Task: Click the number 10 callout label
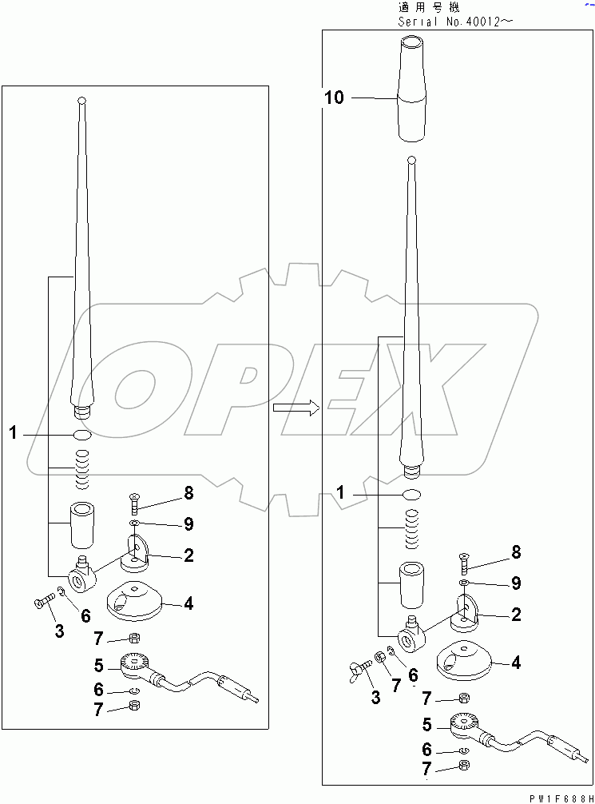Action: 335,98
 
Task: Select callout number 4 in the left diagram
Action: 188,603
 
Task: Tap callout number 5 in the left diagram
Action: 99,665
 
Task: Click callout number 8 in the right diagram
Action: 516,551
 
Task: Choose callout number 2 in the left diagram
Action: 188,555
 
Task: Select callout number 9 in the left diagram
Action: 188,524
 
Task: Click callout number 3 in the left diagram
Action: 59,631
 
